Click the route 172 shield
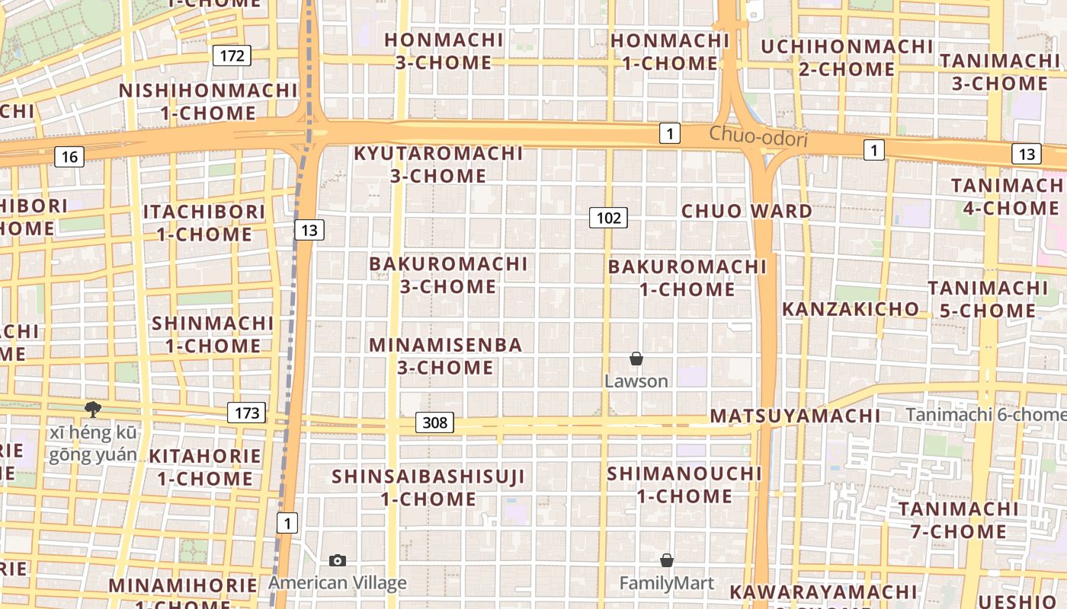point(231,56)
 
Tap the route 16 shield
point(69,157)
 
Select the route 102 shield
point(608,218)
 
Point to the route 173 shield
point(246,413)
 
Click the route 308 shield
point(434,422)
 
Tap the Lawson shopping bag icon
point(636,359)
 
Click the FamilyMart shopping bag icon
point(667,560)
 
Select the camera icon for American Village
point(338,561)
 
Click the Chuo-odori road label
point(758,138)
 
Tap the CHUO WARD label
point(747,211)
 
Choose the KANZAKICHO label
point(851,308)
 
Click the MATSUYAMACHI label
point(795,416)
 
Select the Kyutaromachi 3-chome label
point(438,164)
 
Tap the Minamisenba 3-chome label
point(446,356)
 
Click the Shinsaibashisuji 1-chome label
point(428,488)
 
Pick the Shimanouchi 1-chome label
point(684,485)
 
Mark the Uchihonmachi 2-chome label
point(847,58)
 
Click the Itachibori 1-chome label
point(204,222)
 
